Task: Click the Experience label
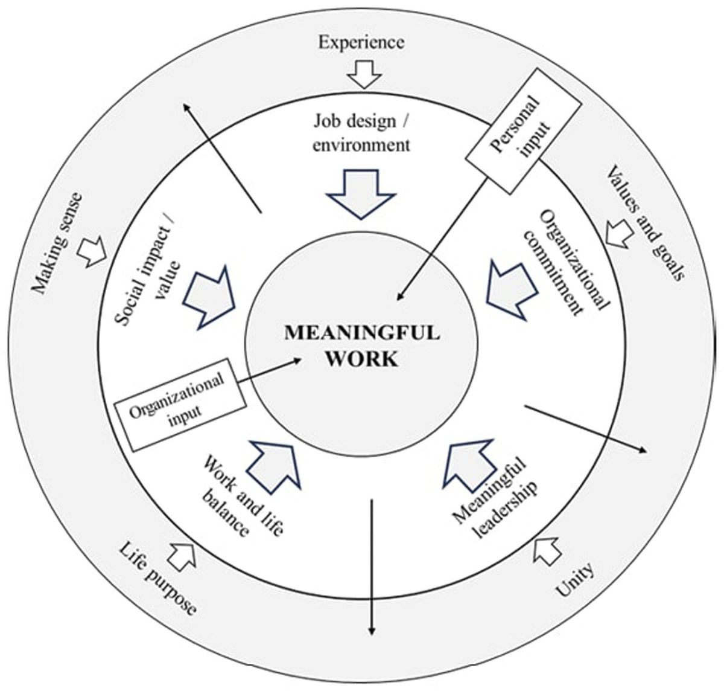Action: pyautogui.click(x=361, y=42)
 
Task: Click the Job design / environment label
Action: pyautogui.click(x=362, y=133)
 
